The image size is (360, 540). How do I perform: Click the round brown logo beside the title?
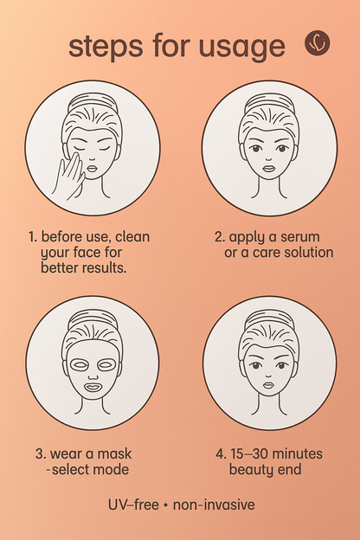[318, 42]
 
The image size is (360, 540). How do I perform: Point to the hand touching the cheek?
[67, 174]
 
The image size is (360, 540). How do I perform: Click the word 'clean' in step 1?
[138, 236]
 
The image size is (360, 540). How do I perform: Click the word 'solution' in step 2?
[302, 252]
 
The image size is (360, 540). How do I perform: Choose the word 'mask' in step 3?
[113, 453]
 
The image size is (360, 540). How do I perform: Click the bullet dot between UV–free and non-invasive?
[166, 505]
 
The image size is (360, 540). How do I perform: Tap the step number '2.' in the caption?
[219, 236]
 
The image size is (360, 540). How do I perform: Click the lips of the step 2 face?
[268, 169]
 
